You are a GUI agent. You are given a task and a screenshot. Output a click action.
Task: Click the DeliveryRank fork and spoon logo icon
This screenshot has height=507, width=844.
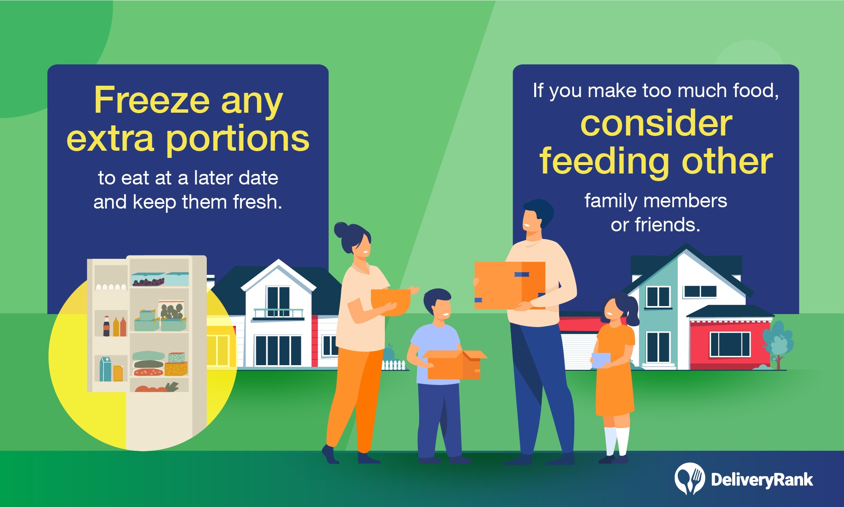pos(690,479)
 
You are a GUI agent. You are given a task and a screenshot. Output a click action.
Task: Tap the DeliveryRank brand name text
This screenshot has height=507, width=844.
pos(762,480)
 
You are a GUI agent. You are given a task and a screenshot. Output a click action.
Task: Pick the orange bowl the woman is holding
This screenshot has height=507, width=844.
pos(391,301)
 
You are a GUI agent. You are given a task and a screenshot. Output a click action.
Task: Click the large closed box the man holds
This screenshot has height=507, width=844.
pos(510,285)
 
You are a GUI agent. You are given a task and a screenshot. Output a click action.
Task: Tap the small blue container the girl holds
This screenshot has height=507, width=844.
pos(601,360)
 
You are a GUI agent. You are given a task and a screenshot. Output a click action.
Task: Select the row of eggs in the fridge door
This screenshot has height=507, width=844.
pos(111,287)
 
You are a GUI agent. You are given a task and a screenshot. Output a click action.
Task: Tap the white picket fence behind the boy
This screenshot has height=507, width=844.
pos(393,365)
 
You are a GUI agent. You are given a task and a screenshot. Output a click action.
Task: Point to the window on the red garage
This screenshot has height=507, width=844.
pos(730,344)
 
